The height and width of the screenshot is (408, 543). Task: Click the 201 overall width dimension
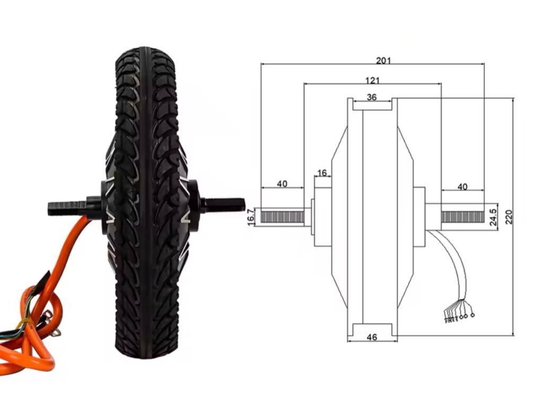pos(383,60)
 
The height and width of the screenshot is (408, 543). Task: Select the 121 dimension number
pos(372,80)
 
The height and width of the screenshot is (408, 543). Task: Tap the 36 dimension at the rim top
pos(372,97)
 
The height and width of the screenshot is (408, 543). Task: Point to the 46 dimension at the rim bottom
pos(372,337)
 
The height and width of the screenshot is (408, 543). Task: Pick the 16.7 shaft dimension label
pos(251,217)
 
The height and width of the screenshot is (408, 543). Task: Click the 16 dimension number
pos(321,173)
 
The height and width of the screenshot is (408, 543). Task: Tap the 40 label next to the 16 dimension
pos(282,184)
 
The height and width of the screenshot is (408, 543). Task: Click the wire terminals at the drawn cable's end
pos(458,318)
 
